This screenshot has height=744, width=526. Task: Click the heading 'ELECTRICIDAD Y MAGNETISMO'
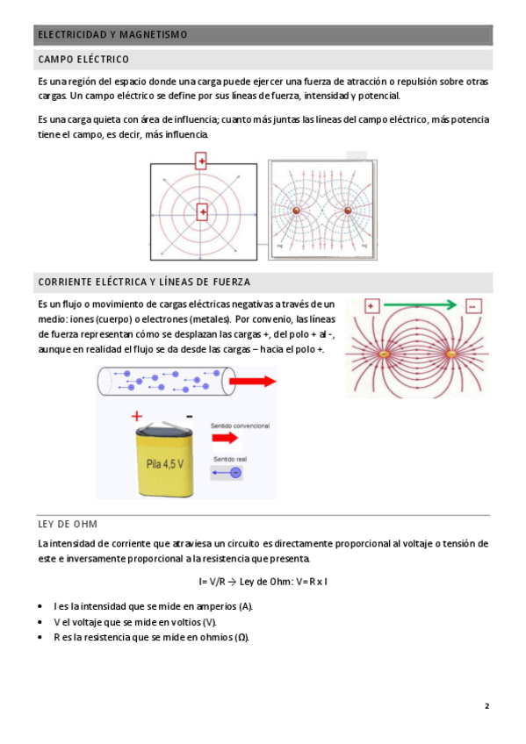click(112, 34)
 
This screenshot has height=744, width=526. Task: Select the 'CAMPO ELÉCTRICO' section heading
click(83, 60)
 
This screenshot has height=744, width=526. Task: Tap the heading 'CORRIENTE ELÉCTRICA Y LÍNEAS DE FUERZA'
click(144, 282)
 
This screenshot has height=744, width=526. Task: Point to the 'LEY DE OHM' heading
click(68, 524)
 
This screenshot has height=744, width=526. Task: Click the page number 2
click(486, 706)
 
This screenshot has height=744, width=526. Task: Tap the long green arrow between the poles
click(420, 305)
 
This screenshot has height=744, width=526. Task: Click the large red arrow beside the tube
click(252, 381)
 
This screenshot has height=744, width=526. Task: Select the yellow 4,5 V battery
click(165, 458)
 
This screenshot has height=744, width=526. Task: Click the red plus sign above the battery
click(137, 416)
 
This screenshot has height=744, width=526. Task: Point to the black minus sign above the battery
click(190, 417)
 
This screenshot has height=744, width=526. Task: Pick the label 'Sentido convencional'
click(241, 426)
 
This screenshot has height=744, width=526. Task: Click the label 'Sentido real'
click(230, 459)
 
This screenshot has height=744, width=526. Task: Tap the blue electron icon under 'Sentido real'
click(235, 473)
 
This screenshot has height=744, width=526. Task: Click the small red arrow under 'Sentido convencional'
click(225, 438)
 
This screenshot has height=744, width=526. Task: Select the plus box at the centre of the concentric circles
click(202, 212)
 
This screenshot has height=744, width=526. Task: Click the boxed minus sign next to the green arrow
click(472, 306)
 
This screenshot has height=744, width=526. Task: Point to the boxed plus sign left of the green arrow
click(371, 306)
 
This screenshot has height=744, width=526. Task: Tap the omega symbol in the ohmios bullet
click(241, 637)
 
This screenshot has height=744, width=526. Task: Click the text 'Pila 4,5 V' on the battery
click(165, 463)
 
